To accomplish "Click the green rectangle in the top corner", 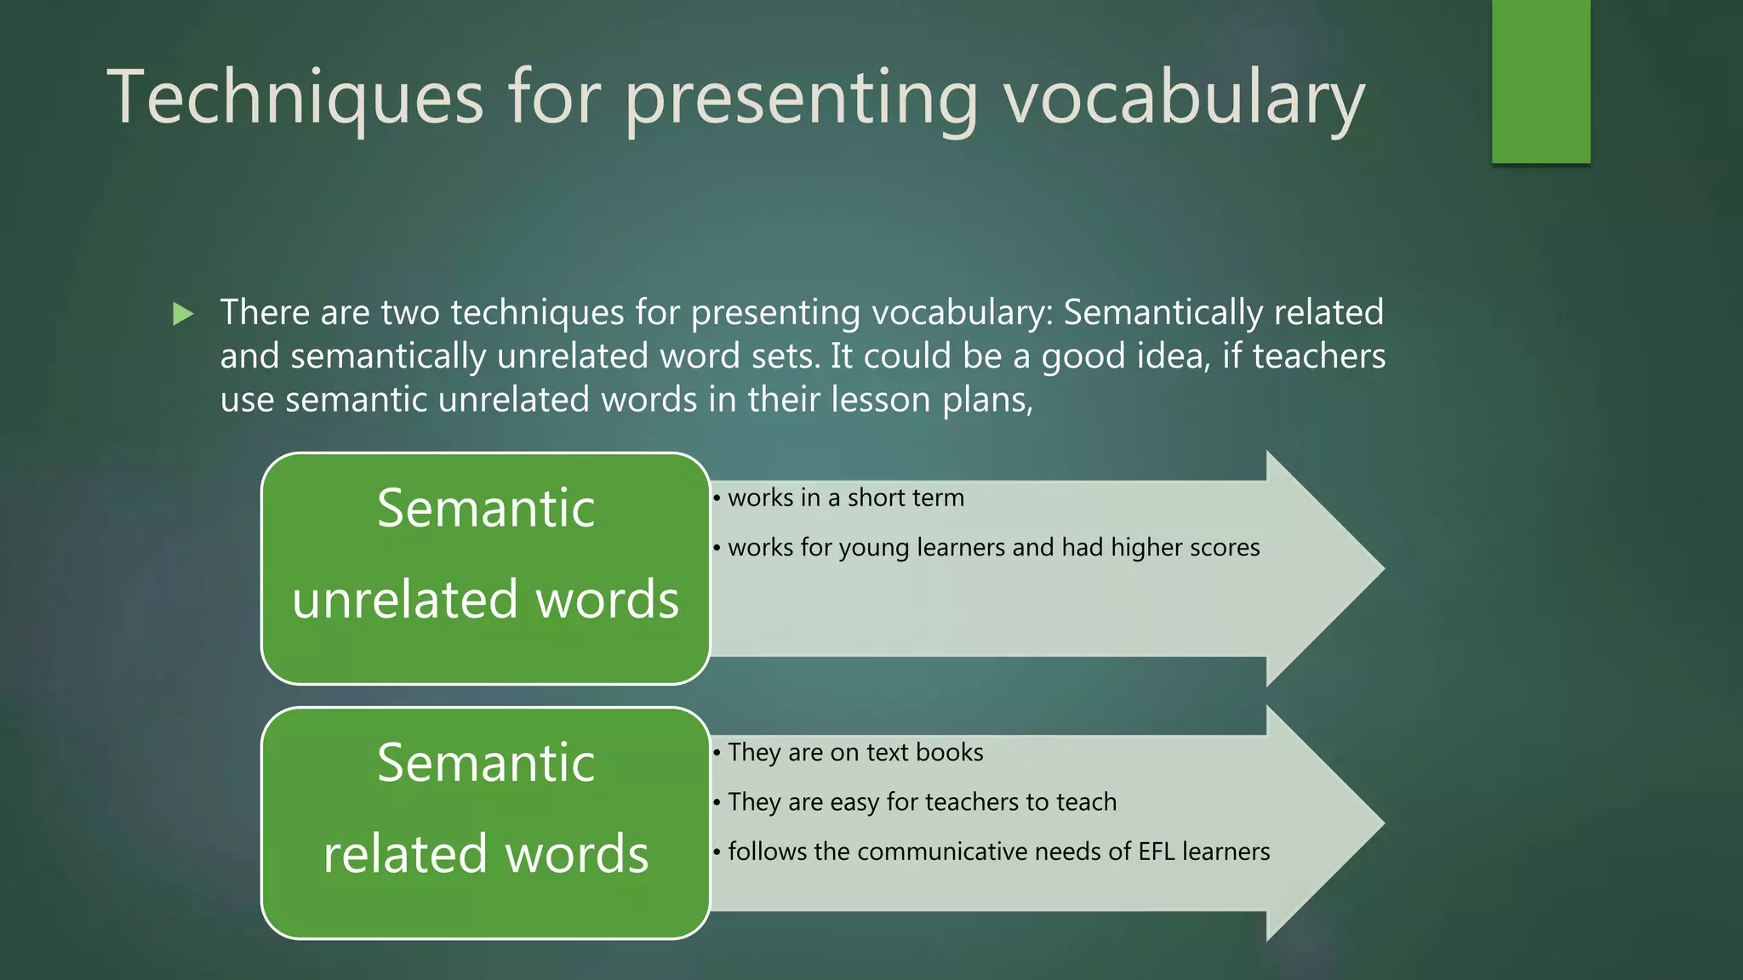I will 1540,81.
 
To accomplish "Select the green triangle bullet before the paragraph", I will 183,314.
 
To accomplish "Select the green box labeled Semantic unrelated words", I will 485,567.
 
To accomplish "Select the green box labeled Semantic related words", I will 485,823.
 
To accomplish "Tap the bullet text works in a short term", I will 845,498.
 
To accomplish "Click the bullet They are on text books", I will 854,752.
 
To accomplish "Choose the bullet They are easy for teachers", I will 921,801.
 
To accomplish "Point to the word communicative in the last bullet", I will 964,852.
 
